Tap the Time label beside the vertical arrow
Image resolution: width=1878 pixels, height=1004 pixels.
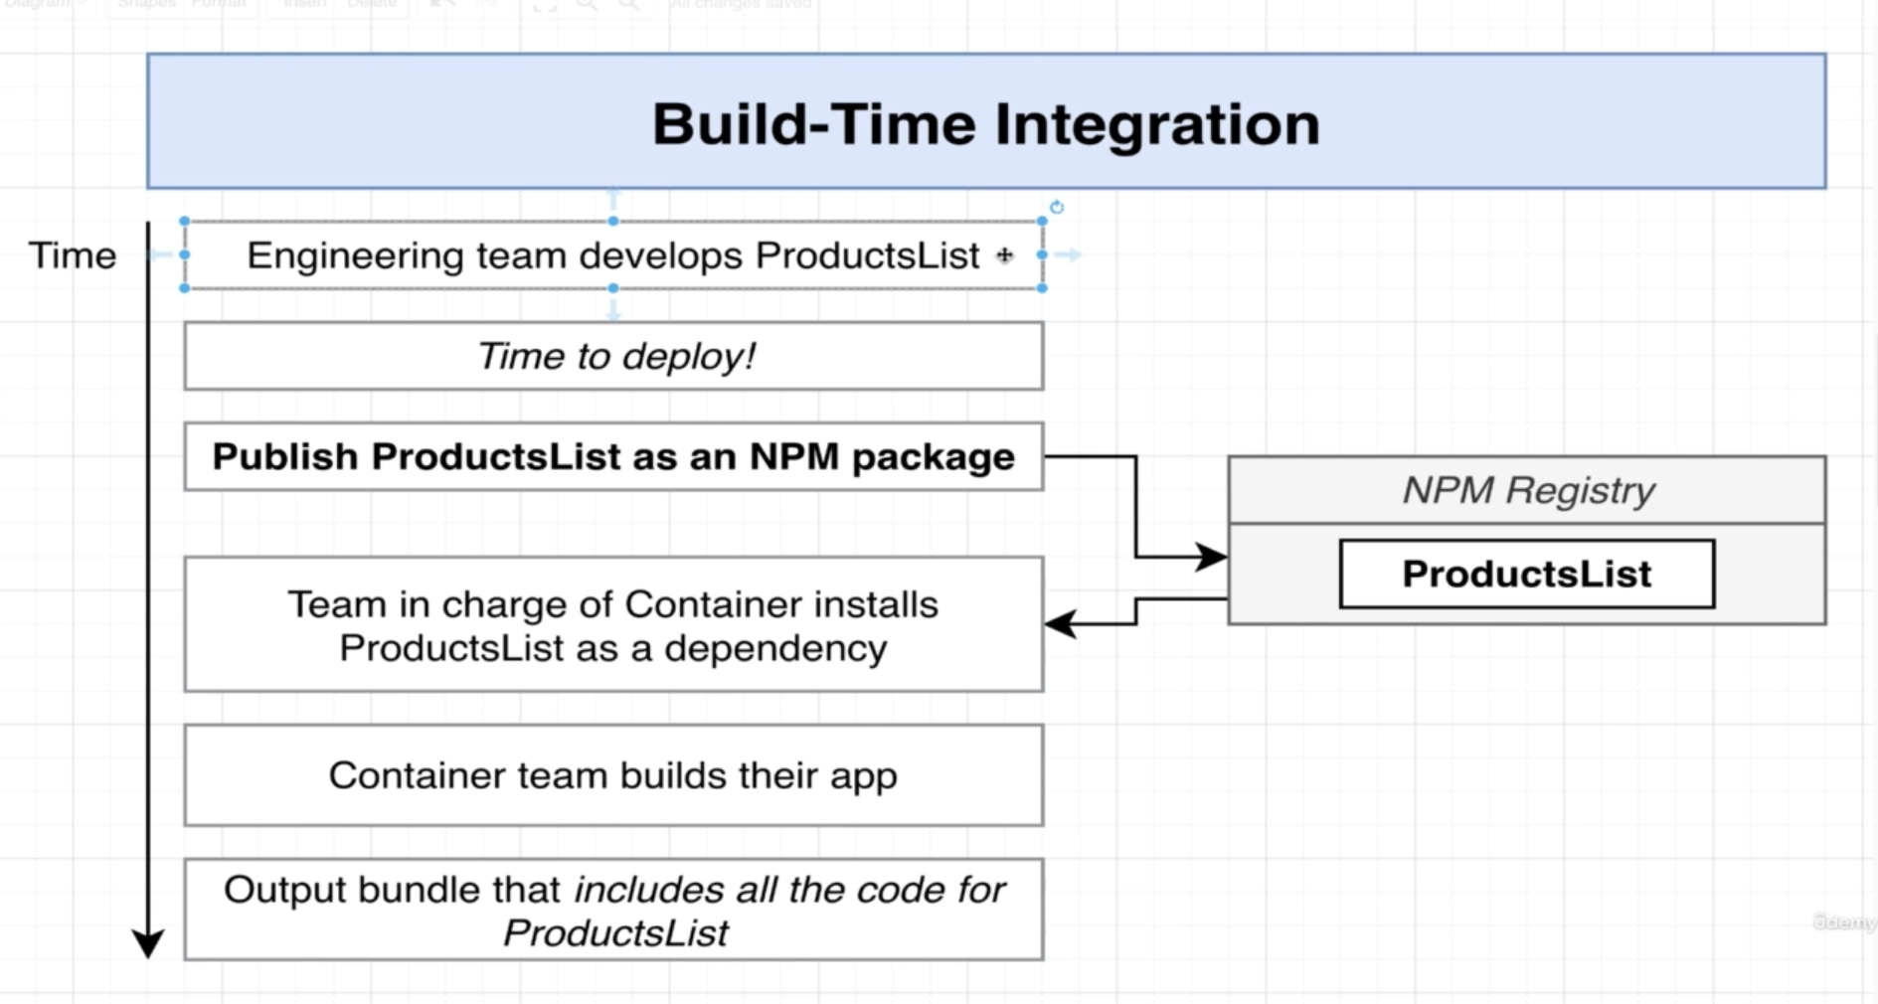coord(72,255)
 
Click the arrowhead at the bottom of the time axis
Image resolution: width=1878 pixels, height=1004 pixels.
coord(148,942)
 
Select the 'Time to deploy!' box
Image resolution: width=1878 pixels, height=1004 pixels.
coord(613,356)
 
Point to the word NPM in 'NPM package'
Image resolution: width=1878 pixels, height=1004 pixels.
coord(793,457)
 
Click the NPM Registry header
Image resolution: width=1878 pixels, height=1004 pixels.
coord(1527,490)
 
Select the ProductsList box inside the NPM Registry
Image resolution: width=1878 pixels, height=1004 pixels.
coord(1526,574)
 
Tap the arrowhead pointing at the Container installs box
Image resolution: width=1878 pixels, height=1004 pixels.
coord(1060,624)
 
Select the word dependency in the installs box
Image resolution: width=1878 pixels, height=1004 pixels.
coord(775,649)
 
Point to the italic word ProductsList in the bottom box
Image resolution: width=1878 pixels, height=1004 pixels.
coord(615,933)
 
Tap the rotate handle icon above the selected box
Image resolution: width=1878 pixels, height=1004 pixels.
coord(1057,207)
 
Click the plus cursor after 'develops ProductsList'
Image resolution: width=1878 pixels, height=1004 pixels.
coord(1005,255)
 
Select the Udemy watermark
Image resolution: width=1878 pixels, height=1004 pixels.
coord(1844,921)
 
